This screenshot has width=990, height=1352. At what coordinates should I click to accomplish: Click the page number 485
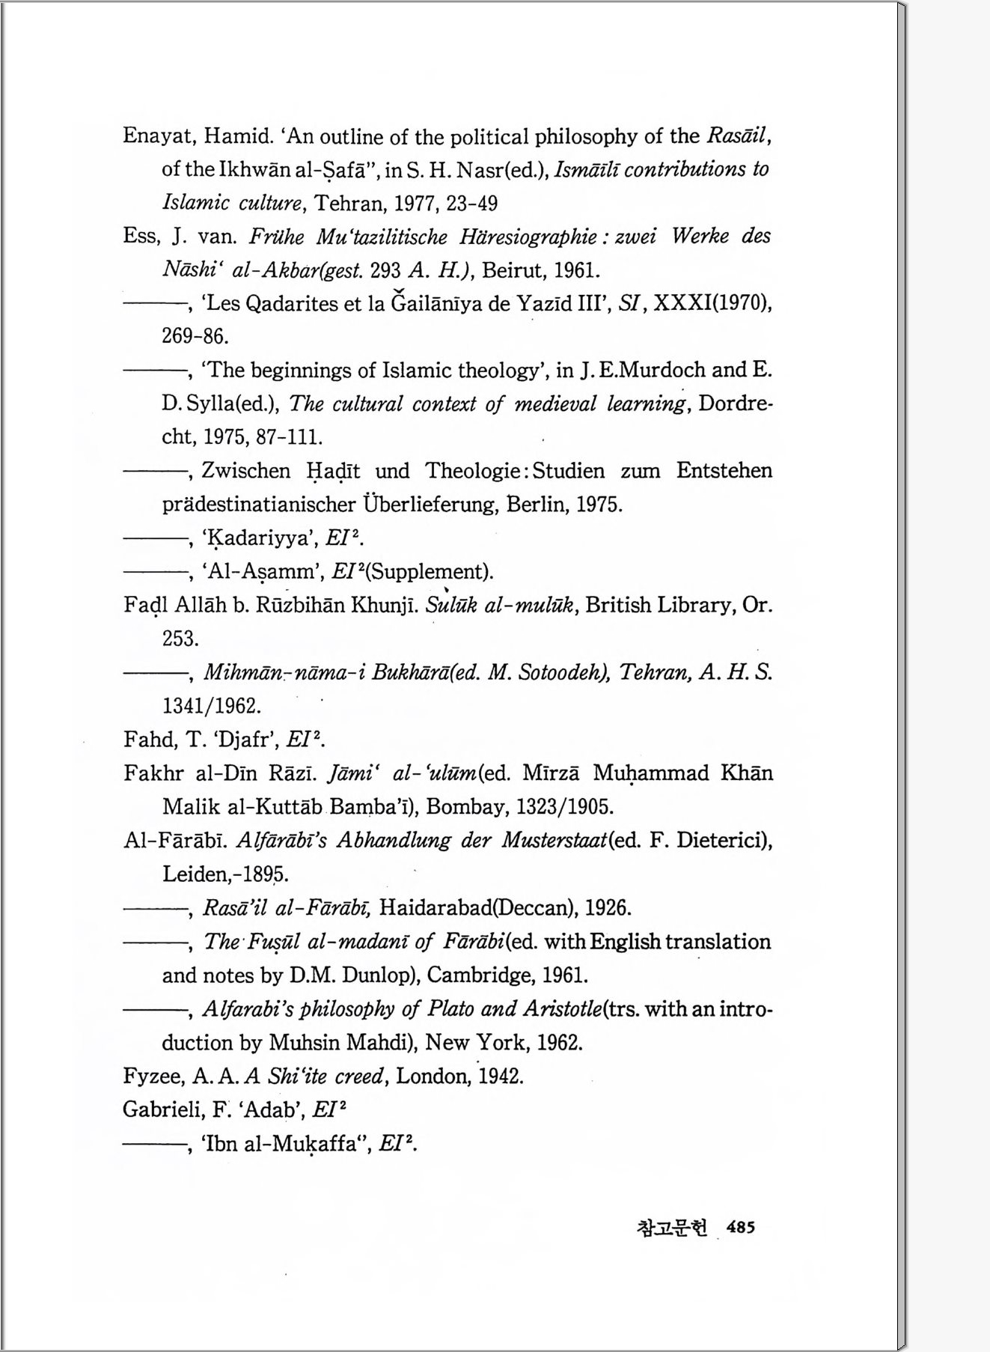coord(740,1227)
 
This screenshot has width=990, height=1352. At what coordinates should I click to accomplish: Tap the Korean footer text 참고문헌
coord(671,1228)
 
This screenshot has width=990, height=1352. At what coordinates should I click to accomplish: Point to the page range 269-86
coord(195,336)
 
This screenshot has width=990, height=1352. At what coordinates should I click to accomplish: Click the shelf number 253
coord(180,639)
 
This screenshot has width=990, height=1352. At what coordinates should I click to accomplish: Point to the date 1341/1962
coord(211,706)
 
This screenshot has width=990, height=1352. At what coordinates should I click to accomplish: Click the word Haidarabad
coord(436,908)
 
